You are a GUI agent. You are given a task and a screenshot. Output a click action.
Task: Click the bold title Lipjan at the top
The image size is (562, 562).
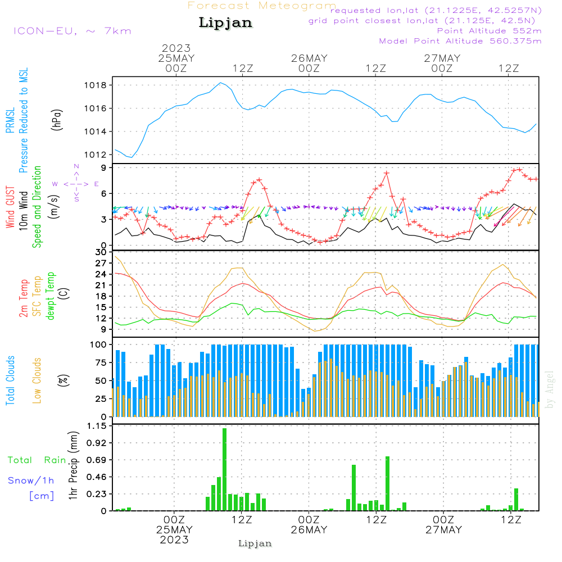point(225,23)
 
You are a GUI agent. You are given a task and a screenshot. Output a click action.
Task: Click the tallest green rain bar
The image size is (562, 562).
point(224,469)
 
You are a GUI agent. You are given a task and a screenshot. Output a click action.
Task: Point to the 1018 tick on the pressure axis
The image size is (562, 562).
point(96,85)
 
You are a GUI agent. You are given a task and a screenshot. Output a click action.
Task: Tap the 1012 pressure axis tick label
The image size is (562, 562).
point(96,155)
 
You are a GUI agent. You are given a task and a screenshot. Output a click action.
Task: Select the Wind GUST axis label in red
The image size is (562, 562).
point(10,207)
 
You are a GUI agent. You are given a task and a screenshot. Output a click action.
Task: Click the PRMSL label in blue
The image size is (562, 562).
point(10,120)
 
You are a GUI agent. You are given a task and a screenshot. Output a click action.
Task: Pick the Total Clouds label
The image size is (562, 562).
point(10,380)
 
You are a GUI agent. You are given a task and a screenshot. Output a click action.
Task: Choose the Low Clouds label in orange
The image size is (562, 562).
point(37,380)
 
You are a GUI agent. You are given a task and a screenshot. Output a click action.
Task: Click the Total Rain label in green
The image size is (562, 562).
point(37,460)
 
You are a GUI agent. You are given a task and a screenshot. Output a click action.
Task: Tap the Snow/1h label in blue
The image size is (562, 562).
point(31,481)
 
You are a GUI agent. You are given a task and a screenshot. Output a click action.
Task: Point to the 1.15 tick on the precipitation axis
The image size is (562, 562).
point(97,426)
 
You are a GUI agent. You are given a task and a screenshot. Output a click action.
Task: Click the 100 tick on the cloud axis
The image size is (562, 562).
point(98,345)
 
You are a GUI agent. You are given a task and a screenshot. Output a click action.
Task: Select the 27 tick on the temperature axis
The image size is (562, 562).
point(101,263)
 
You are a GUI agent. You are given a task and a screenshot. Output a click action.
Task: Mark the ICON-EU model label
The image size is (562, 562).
point(72,31)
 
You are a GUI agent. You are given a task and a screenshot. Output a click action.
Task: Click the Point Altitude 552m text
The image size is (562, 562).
point(490,31)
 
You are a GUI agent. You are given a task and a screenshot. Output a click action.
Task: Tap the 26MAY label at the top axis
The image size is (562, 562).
point(309,58)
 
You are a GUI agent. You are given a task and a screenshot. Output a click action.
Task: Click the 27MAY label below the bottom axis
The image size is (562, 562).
point(443,530)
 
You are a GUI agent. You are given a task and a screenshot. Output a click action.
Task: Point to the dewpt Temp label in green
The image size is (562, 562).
point(50,296)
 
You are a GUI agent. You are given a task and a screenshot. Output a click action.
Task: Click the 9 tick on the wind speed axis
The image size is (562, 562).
point(104,167)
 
